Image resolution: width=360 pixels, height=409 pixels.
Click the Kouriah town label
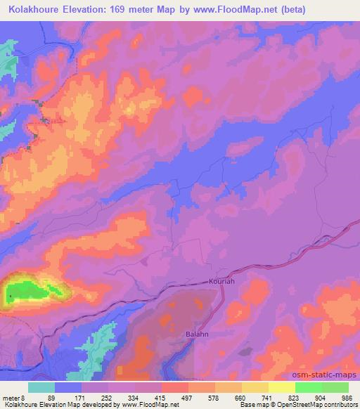coord(221,280)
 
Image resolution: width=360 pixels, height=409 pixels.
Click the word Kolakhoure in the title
coord(36,10)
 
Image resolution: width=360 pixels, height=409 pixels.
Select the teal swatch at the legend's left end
coord(41,387)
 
